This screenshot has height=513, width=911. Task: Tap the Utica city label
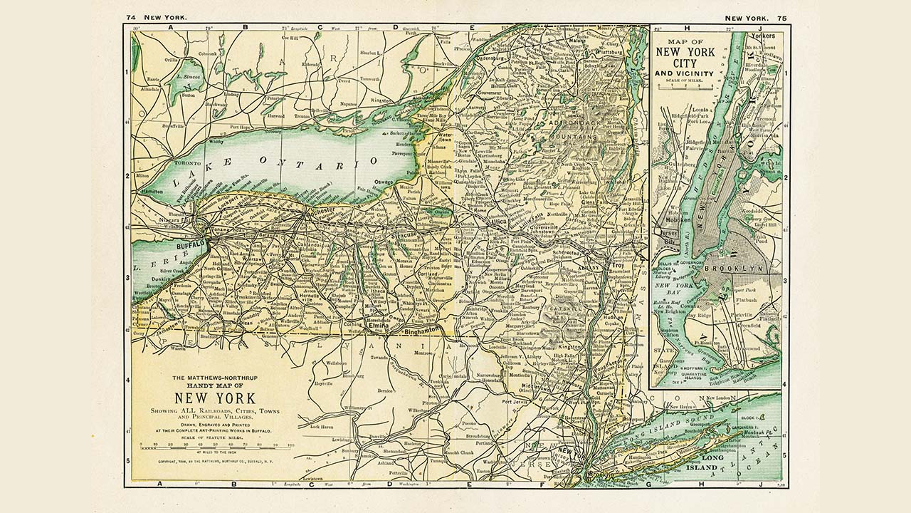(495, 222)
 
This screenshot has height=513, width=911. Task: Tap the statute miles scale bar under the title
(216, 445)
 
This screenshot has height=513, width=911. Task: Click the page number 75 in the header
(782, 18)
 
